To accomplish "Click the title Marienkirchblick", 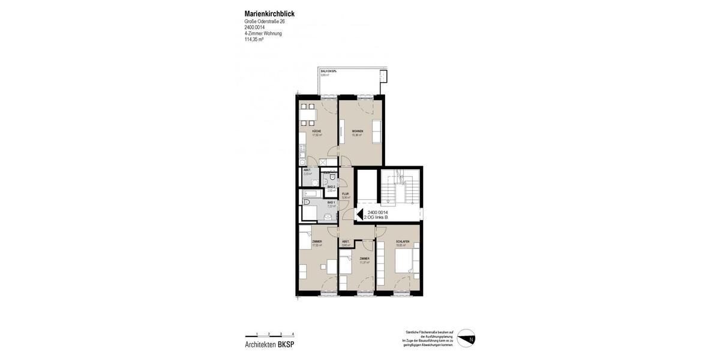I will (269, 14).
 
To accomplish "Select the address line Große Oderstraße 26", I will (265, 22).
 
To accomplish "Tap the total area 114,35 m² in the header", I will (254, 40).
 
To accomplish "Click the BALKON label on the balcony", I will (328, 71).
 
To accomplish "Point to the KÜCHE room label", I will (316, 131).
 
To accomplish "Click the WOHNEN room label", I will (358, 131).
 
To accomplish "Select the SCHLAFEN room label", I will (403, 242).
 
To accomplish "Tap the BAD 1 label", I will (331, 203).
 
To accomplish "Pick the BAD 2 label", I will (331, 187).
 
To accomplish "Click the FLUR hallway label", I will (346, 194).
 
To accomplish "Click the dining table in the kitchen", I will (308, 113).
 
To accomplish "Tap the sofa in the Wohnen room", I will (377, 131).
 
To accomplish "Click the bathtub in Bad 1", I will (313, 194).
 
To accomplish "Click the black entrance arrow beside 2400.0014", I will (360, 215).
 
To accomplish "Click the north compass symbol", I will (466, 338).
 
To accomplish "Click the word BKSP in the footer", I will (286, 344).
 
